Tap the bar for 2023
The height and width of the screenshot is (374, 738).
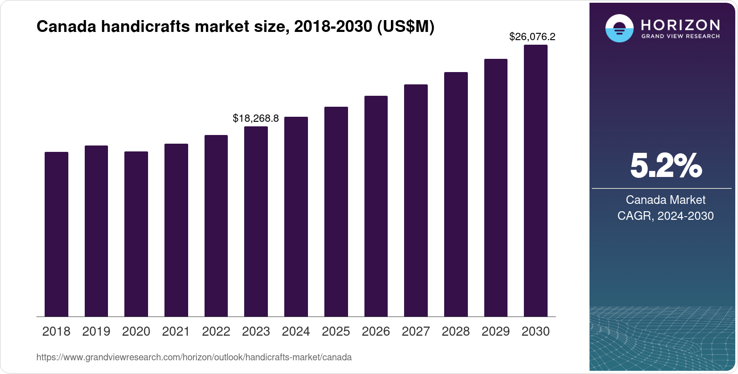coord(256,222)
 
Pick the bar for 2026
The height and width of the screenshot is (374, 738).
coord(376,206)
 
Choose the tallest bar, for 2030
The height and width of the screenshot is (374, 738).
coord(536,181)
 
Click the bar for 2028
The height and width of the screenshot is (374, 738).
coord(456,194)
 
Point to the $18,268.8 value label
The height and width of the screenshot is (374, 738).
coord(256,119)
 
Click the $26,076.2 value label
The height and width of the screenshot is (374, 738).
coord(532,36)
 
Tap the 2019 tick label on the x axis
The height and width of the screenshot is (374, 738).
coord(96,331)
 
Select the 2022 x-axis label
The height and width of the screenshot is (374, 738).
coord(216,331)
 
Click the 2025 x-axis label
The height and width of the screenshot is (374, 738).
coord(336,331)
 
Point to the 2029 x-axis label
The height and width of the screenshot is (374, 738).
coord(496,331)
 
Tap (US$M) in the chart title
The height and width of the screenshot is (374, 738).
coord(405,26)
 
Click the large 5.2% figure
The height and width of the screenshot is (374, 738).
coord(666,166)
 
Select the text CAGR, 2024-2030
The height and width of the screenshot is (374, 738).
coord(666,216)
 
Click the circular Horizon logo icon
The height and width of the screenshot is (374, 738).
coord(619,28)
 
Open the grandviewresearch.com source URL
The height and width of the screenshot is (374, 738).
coord(194,357)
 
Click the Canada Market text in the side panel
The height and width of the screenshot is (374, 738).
coord(666,200)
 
